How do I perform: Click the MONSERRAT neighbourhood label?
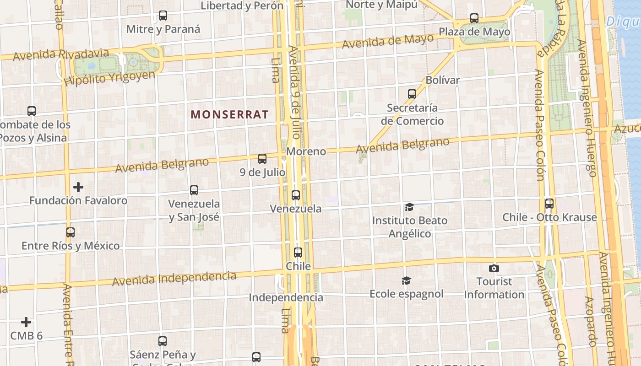[x=229, y=114]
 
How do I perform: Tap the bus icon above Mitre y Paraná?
[x=163, y=16]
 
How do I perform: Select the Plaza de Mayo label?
[x=474, y=32]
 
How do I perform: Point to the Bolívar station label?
[x=442, y=80]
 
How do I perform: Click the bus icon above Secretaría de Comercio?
[x=412, y=94]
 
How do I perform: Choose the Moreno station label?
[x=306, y=151]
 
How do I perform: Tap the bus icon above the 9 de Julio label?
[x=262, y=159]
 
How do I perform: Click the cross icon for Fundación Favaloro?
[x=78, y=187]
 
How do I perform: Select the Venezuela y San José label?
[x=194, y=210]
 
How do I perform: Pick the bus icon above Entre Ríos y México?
[x=71, y=232]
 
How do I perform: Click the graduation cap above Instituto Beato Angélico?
[x=409, y=207]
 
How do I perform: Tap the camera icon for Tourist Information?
[x=494, y=268]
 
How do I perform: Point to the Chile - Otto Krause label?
[x=549, y=217]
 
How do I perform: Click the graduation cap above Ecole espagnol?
[x=406, y=280]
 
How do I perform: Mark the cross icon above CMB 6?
[x=27, y=322]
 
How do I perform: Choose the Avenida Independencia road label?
[x=174, y=278]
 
